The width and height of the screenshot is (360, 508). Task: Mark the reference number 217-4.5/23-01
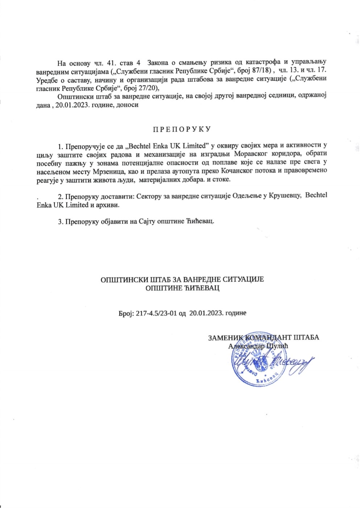click(x=157, y=313)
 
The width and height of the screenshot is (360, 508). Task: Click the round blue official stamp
click(x=256, y=361)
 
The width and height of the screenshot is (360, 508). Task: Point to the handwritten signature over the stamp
click(x=276, y=362)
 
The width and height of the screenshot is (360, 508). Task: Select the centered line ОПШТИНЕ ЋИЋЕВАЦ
click(x=182, y=288)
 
